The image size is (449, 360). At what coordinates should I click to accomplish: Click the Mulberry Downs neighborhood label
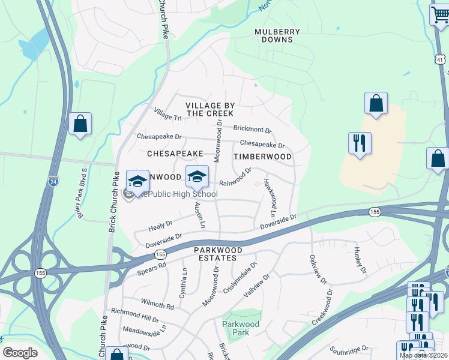[x=273, y=35]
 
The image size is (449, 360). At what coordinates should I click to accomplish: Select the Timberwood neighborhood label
[x=262, y=157]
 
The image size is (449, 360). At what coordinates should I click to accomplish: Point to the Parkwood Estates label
[x=217, y=254]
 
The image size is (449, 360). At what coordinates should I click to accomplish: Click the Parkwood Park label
[x=241, y=328]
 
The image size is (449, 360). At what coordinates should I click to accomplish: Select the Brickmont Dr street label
[x=252, y=128]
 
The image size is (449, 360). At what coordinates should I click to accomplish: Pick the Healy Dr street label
[x=160, y=225]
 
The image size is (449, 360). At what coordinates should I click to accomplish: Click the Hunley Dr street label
[x=359, y=258]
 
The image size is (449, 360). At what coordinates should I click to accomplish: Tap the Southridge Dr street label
[x=349, y=349]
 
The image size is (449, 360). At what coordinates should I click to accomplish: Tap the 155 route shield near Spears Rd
[x=160, y=254]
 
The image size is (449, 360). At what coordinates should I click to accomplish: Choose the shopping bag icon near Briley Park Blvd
[x=80, y=124]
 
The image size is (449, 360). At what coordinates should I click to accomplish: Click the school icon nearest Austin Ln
[x=197, y=177]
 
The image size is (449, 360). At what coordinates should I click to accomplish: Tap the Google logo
[x=20, y=353]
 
